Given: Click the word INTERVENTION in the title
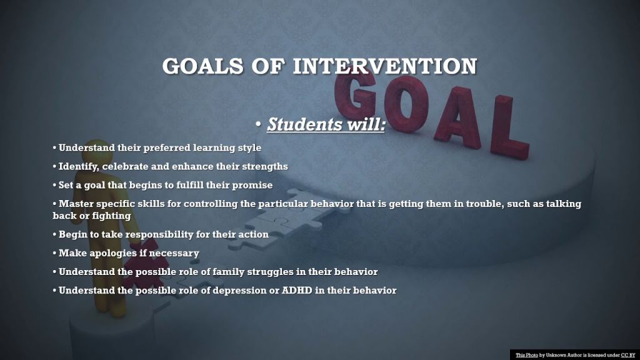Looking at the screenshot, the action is click(385, 66).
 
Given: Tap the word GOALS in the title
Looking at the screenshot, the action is click(202, 66).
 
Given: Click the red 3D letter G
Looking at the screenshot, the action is click(354, 93).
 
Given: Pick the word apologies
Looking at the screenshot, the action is click(113, 254).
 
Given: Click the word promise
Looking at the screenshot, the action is click(252, 185).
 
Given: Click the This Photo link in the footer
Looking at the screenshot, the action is click(526, 355).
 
